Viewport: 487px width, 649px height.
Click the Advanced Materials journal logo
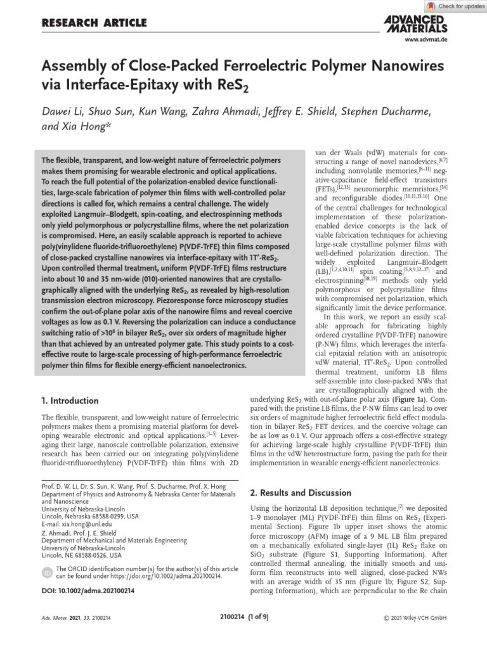click(415, 24)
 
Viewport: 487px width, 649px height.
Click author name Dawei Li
click(64, 112)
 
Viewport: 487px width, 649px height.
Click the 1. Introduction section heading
click(70, 401)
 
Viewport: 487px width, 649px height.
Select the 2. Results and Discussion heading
click(301, 492)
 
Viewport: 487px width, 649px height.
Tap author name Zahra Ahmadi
click(248, 112)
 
